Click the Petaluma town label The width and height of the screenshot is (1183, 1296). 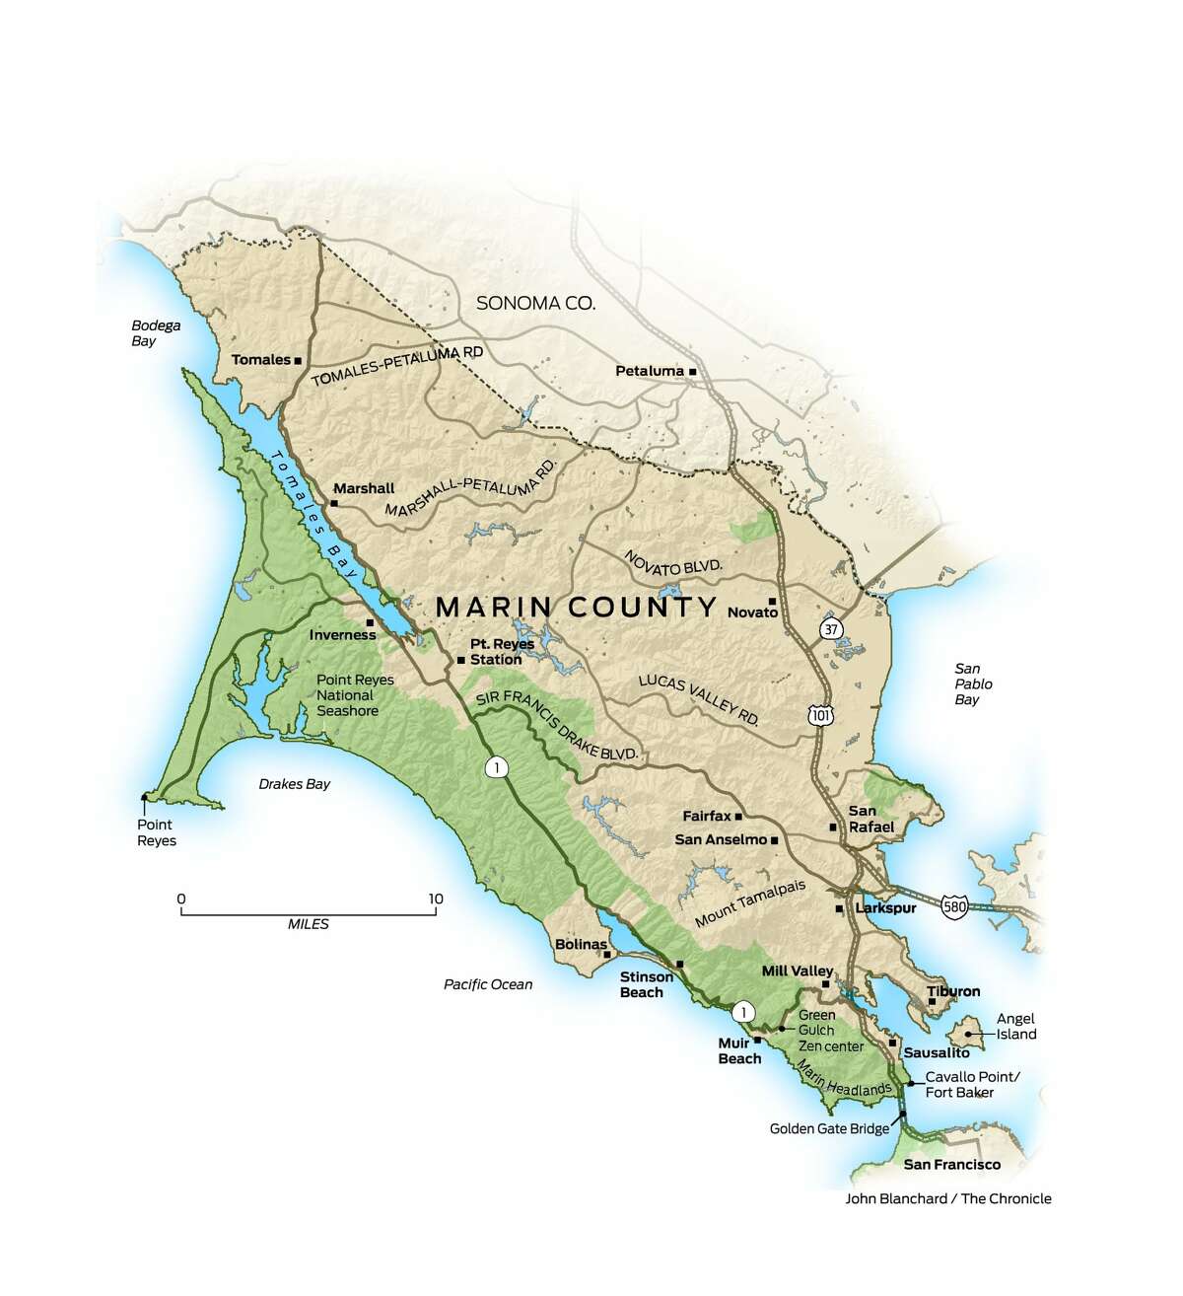tap(649, 371)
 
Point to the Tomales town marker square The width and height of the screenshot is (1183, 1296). tap(298, 360)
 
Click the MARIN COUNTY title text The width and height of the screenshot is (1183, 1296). tap(576, 607)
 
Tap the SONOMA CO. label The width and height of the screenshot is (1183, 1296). tap(535, 303)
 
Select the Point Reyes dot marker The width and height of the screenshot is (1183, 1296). tap(146, 797)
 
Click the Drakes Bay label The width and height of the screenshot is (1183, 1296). tap(294, 784)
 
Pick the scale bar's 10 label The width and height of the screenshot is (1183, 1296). tap(436, 899)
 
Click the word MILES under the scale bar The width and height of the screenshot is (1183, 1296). tap(309, 924)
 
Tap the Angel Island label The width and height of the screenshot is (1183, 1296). tap(1016, 1026)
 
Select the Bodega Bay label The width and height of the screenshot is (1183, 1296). tap(157, 333)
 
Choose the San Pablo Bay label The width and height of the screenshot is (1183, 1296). tap(966, 684)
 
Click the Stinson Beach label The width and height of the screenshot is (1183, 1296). tap(646, 984)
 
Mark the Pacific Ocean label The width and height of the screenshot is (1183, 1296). tap(487, 983)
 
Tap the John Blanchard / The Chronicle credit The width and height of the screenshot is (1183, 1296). tap(947, 1198)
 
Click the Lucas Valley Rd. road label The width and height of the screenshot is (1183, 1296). tap(699, 701)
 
